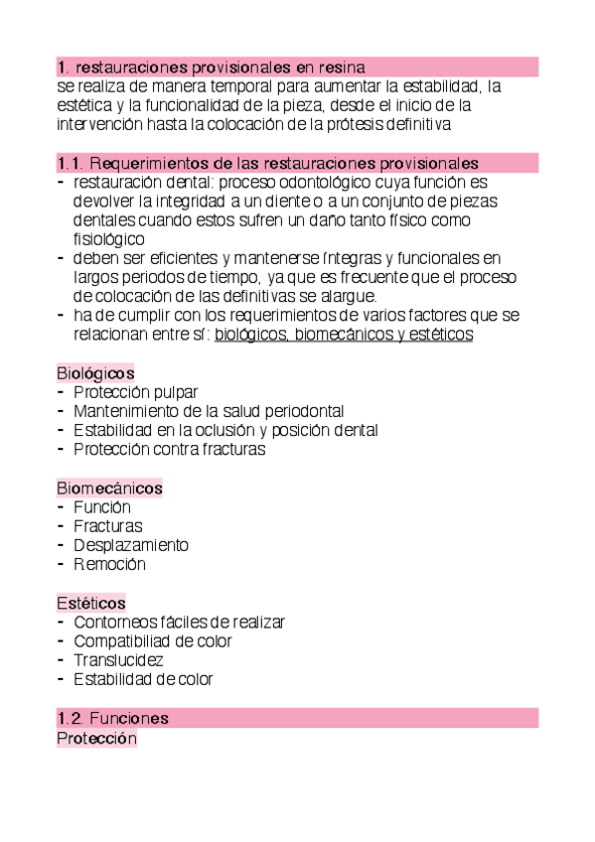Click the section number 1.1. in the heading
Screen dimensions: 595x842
pyautogui.click(x=71, y=163)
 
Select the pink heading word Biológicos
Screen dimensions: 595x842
pyautogui.click(x=95, y=372)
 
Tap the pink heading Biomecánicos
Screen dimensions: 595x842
pyautogui.click(x=109, y=489)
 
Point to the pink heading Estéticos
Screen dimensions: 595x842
pyautogui.click(x=91, y=603)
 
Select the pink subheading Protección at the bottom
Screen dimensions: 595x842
pyautogui.click(x=96, y=739)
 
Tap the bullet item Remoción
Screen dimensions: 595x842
pyautogui.click(x=109, y=564)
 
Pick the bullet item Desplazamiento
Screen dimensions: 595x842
pyautogui.click(x=131, y=545)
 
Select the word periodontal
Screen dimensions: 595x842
pyautogui.click(x=295, y=411)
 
